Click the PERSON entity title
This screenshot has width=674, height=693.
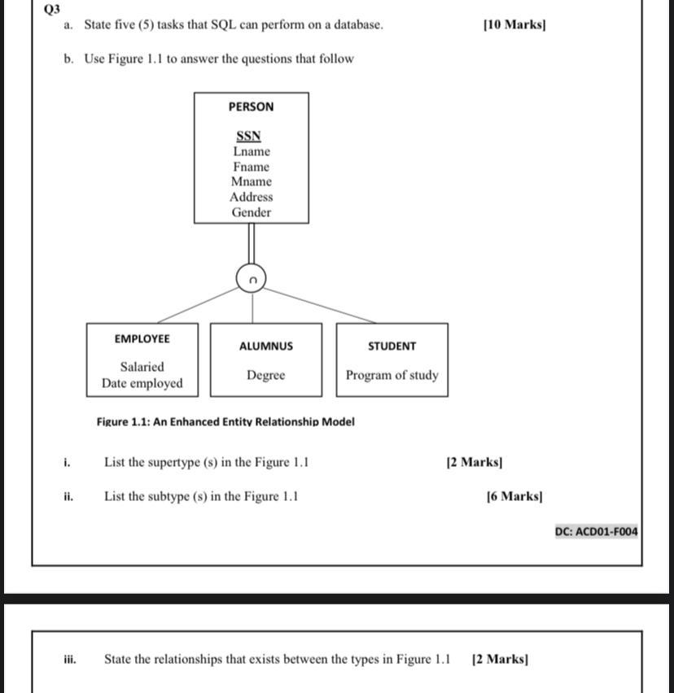251,107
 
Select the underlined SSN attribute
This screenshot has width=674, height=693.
249,136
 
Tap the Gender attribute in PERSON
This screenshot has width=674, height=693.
251,212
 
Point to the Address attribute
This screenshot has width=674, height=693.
251,197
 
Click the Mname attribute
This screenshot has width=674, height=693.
251,181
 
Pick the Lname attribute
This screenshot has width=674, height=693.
251,151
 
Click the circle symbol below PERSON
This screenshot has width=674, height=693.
252,279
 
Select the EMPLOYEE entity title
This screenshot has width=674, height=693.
142,338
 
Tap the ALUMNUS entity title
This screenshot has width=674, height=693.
266,346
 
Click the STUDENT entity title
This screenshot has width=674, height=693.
392,346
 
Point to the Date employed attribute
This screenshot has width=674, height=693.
142,383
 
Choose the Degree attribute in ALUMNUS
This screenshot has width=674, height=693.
266,375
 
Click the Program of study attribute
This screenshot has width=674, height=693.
392,375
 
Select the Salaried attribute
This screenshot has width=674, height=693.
142,367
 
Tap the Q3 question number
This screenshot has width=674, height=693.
53,9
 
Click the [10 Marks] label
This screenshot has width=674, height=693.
514,24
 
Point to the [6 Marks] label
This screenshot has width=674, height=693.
514,496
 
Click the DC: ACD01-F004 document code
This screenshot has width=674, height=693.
597,532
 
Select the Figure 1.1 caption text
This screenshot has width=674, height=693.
225,421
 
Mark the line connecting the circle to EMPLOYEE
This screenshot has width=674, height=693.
199,307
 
